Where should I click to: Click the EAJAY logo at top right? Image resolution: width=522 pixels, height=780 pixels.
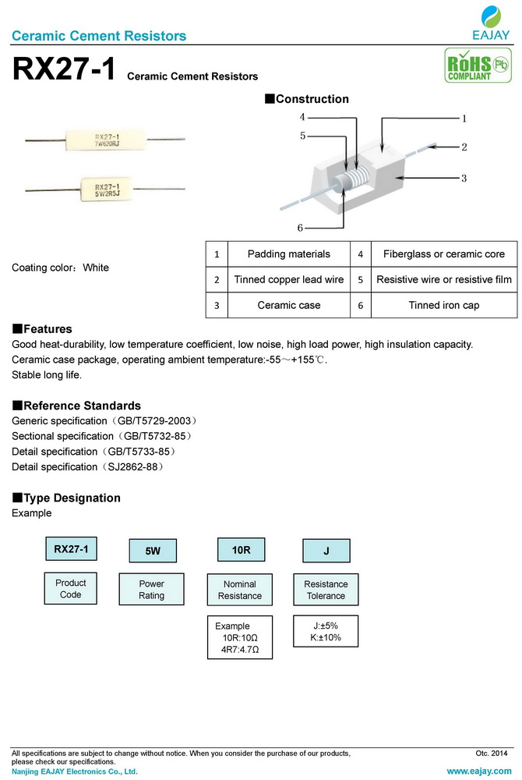(491, 23)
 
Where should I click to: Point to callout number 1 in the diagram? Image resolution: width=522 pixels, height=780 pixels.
(464, 119)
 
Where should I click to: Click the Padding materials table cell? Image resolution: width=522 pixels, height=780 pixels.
(288, 254)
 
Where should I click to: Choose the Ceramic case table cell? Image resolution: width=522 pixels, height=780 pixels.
(288, 306)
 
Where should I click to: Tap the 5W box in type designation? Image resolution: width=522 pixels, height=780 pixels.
(153, 551)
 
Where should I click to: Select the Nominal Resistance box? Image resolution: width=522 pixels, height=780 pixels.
(240, 590)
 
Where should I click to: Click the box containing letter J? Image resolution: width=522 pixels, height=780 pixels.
(326, 551)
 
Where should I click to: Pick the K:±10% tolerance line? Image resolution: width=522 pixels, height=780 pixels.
(326, 638)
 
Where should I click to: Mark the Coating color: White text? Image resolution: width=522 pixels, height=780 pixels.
(61, 268)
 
